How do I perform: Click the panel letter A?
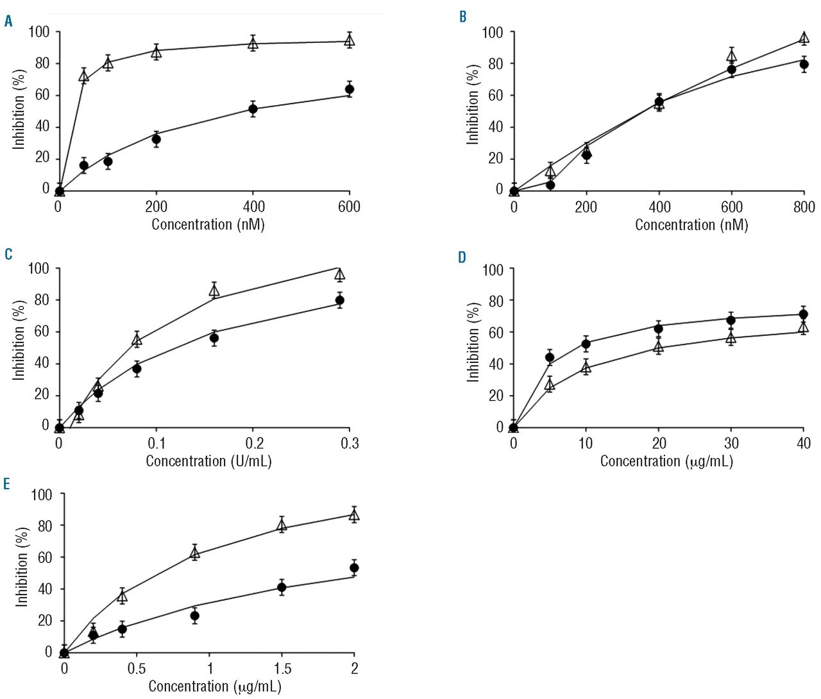point(8,21)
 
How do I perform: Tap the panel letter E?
point(6,484)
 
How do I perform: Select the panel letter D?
point(462,258)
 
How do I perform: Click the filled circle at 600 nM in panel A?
point(350,89)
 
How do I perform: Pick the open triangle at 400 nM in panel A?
point(253,44)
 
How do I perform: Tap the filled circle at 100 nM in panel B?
point(550,185)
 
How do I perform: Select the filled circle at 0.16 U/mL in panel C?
point(214,338)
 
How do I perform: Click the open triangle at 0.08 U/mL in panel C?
point(137,339)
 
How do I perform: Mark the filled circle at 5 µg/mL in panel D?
point(550,357)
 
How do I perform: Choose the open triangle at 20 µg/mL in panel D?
point(658,347)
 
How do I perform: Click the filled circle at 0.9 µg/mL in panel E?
point(195,616)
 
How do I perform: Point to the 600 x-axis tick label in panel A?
point(350,206)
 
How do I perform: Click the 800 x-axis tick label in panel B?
point(804,206)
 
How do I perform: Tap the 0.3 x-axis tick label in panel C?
point(350,443)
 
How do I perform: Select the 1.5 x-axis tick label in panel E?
point(282,668)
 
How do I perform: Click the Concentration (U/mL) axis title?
point(208,461)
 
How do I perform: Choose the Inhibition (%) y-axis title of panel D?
point(473,342)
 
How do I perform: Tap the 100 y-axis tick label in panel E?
point(40,494)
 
